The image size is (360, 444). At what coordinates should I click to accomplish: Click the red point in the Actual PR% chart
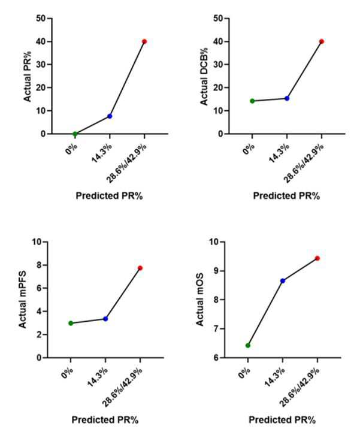144,41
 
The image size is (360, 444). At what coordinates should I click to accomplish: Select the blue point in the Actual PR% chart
110,116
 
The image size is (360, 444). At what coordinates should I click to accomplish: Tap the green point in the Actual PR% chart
75,134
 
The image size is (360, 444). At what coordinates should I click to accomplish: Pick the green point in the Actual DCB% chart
252,101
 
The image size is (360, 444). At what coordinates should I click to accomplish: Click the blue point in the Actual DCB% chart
287,98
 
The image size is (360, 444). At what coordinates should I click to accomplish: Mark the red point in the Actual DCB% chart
322,41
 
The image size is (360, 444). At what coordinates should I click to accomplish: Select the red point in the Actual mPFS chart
140,268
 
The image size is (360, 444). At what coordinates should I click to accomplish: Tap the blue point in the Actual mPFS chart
105,319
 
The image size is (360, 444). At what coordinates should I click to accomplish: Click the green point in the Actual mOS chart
248,346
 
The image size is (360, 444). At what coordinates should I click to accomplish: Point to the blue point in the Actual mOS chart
283,281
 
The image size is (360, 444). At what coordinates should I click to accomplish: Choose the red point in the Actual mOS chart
317,258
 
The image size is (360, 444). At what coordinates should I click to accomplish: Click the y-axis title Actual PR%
27,76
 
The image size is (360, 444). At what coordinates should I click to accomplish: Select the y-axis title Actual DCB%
204,76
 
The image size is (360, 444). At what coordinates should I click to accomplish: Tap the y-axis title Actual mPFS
22,300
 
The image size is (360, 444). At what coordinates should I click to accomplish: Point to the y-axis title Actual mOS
200,300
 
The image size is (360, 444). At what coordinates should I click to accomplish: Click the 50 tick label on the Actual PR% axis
41,19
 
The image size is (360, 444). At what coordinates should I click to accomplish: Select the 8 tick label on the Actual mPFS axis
39,265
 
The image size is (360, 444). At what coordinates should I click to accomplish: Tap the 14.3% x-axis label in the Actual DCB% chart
279,153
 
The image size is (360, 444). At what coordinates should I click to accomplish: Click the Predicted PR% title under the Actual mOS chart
282,419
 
